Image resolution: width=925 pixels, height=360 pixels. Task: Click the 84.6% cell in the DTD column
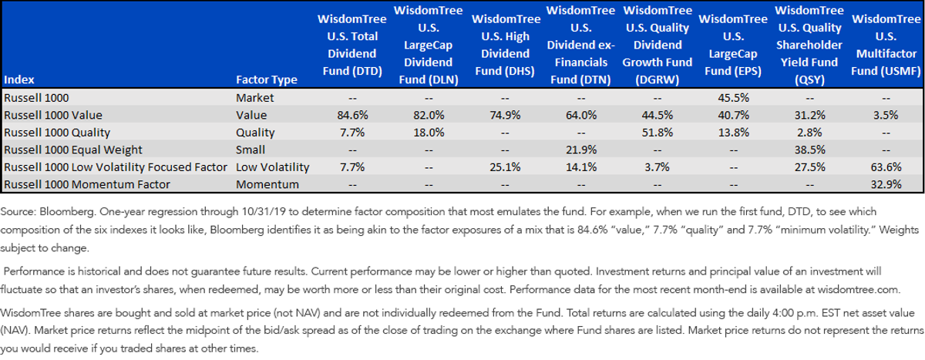tap(352, 115)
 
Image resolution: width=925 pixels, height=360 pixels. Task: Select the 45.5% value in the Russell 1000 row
tap(733, 98)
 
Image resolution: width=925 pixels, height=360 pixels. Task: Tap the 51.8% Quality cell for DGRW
tap(657, 133)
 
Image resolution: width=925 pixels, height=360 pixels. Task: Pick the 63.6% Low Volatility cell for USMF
tap(886, 167)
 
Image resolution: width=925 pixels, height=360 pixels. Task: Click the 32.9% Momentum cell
tap(886, 184)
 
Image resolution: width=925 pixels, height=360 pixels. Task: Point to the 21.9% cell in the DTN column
tap(581, 150)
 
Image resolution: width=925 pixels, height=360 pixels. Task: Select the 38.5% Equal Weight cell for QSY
tap(810, 150)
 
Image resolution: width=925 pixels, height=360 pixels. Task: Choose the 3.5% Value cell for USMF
tap(886, 115)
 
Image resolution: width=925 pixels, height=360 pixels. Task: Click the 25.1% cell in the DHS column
tap(505, 167)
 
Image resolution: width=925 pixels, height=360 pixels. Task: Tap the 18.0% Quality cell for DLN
tap(429, 133)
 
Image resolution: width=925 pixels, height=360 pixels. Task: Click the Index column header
tap(19, 79)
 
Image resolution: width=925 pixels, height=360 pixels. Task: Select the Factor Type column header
tap(267, 79)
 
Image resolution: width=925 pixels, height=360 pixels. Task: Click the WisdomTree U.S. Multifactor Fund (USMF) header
tap(886, 45)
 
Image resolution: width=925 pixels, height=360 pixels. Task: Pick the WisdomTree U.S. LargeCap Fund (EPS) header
tap(733, 45)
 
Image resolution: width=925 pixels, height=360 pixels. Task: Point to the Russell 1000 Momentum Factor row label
tap(86, 184)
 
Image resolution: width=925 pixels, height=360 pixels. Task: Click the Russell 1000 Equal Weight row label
tap(72, 150)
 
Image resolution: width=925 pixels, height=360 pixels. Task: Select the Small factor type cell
tap(251, 150)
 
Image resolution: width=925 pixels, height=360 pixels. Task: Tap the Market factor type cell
tap(255, 98)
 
